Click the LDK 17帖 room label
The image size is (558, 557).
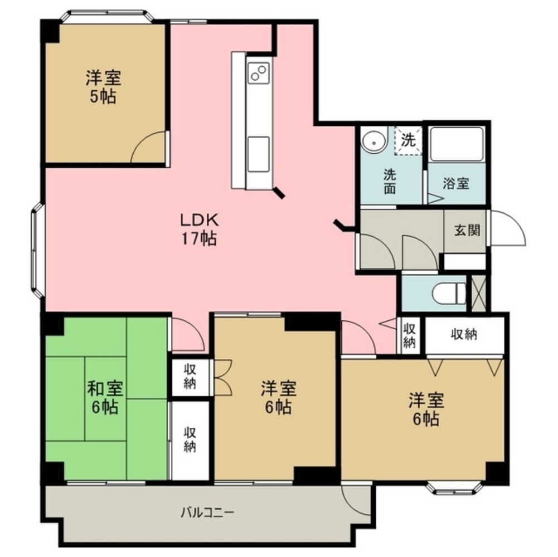pyautogui.click(x=199, y=229)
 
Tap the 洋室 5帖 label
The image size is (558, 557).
pyautogui.click(x=103, y=87)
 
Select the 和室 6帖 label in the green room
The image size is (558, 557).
pyautogui.click(x=105, y=398)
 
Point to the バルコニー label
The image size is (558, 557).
pyautogui.click(x=207, y=512)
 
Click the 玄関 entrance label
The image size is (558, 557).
pyautogui.click(x=467, y=230)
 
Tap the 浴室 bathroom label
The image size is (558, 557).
pyautogui.click(x=456, y=184)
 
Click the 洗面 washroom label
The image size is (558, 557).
pyautogui.click(x=390, y=182)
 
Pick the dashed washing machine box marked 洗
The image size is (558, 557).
pyautogui.click(x=408, y=141)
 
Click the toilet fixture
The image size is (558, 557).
pyautogui.click(x=449, y=293)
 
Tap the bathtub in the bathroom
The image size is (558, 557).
pyautogui.click(x=456, y=144)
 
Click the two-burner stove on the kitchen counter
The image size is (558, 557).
pyautogui.click(x=258, y=73)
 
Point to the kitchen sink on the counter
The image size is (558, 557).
pyautogui.click(x=258, y=154)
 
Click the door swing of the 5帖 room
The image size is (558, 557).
pyautogui.click(x=149, y=147)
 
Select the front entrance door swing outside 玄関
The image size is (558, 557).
pyautogui.click(x=507, y=228)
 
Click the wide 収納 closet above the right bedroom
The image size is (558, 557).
pyautogui.click(x=464, y=335)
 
